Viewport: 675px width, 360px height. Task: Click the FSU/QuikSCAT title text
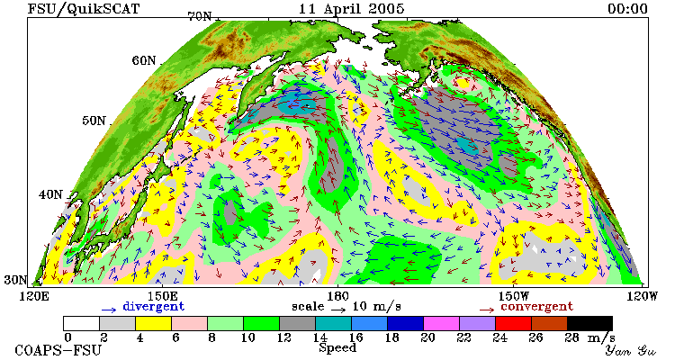pos(84,8)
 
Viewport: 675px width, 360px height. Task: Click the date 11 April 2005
pos(351,8)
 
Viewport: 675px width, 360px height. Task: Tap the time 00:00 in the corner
pos(627,9)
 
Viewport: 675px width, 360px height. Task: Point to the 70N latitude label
pos(200,16)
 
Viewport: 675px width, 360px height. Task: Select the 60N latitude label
pos(144,60)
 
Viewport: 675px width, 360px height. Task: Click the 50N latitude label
pos(94,121)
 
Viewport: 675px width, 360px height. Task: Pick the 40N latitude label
pos(50,194)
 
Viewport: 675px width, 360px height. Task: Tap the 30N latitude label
pos(15,280)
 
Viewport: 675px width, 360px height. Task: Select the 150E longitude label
pos(163,296)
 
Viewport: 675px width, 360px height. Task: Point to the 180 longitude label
pos(337,296)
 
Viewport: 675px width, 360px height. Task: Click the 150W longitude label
pos(513,296)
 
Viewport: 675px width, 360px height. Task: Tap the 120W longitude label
pos(643,296)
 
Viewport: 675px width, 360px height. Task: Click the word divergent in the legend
pos(154,307)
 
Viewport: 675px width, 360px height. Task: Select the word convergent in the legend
pos(536,307)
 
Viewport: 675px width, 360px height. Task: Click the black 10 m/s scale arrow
pos(338,310)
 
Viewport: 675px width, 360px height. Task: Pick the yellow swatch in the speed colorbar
pos(153,323)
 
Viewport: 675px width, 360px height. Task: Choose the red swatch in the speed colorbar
pos(513,323)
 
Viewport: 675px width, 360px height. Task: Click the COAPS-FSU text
pos(58,350)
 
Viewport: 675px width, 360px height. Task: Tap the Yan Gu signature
pos(631,351)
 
